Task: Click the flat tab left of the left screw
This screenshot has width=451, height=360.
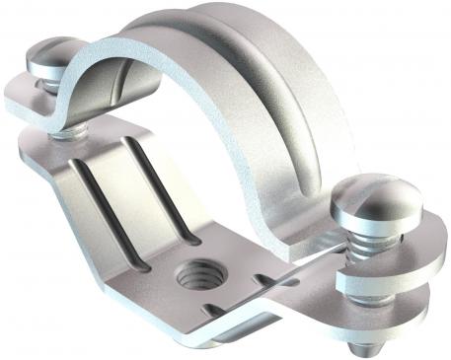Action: point(20,94)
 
